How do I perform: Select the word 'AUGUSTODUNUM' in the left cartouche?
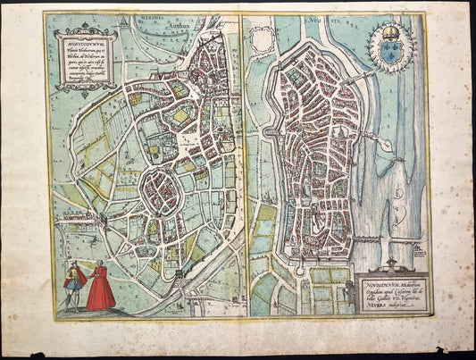[x=83, y=42]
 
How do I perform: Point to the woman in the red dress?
[x=101, y=287]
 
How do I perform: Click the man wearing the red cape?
[x=74, y=284]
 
